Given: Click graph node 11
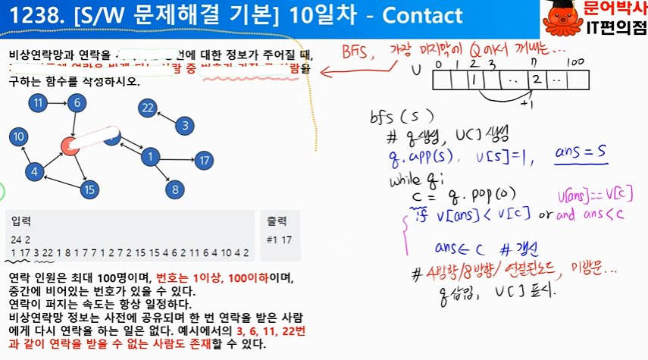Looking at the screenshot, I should tap(37, 103).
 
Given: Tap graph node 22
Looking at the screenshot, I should tap(148, 108).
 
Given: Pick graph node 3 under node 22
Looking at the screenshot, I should tap(183, 125).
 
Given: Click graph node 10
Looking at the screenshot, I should tap(18, 136).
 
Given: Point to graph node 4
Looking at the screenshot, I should tap(33, 172).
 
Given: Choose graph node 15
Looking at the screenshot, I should tap(89, 189).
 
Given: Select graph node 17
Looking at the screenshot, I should tap(202, 160).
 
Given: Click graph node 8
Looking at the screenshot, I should tap(175, 189).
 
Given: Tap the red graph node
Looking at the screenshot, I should tap(70, 146).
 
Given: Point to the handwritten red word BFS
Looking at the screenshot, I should tap(357, 55).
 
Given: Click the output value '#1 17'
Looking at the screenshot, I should tap(280, 240).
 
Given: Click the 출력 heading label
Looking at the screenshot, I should tap(277, 221).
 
